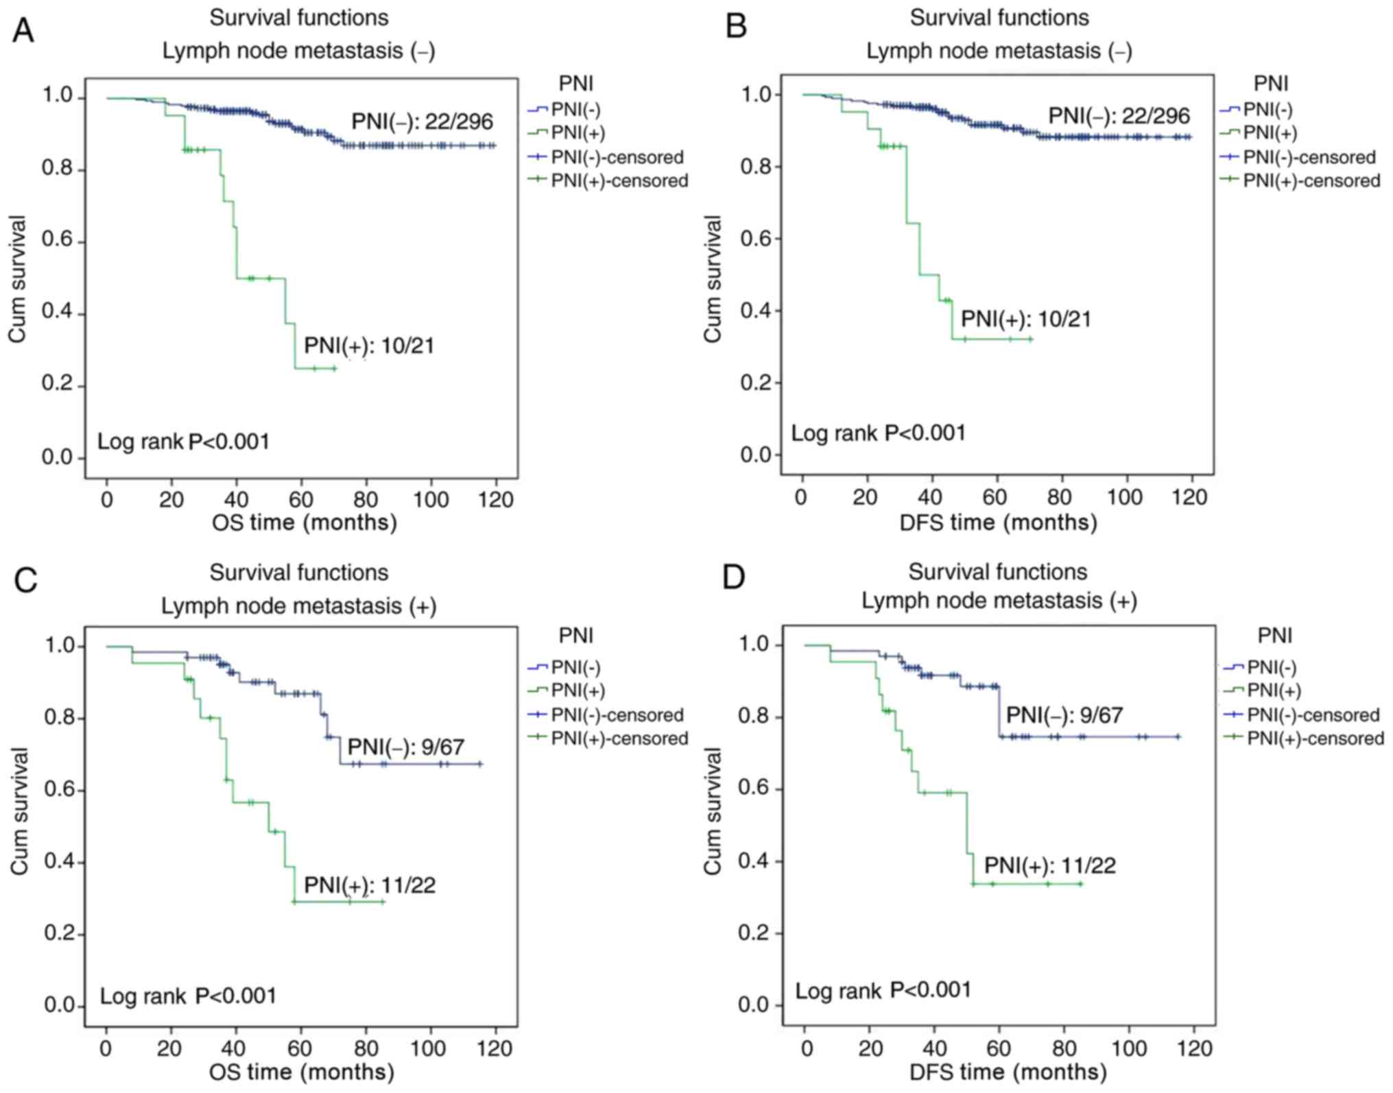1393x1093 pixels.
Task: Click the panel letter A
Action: (23, 31)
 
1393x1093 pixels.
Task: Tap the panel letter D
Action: (733, 577)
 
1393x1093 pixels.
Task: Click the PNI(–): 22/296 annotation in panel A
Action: (422, 122)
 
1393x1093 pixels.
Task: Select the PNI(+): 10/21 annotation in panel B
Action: (1025, 320)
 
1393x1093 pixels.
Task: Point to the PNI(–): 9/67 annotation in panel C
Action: (405, 747)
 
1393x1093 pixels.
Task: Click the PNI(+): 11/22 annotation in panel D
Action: (1049, 865)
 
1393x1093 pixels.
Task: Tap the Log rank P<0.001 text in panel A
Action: (183, 442)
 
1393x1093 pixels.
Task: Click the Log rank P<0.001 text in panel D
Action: (883, 991)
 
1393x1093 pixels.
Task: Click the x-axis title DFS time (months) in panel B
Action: (998, 523)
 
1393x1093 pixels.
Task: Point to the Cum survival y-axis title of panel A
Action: (17, 278)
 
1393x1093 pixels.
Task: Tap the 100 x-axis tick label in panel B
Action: (1125, 497)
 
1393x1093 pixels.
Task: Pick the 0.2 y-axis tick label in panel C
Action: (60, 934)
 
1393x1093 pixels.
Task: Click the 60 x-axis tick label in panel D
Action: (999, 1048)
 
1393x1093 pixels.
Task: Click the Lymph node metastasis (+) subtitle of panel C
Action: (298, 606)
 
